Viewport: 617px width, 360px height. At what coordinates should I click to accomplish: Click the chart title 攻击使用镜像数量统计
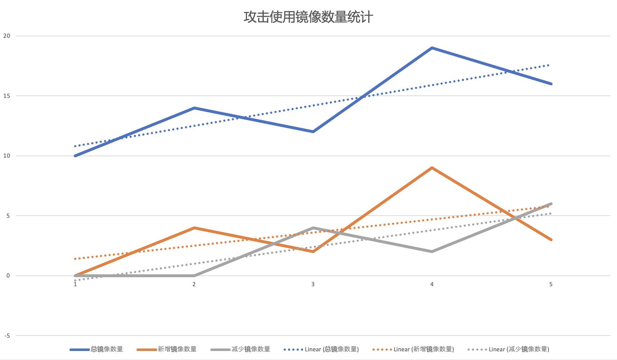(308, 17)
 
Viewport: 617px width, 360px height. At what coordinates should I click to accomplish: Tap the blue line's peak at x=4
(432, 48)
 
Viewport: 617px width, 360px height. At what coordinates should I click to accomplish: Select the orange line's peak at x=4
(432, 168)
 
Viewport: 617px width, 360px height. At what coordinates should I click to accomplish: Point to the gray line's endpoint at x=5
(551, 204)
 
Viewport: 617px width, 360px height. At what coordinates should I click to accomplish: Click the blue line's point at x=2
(194, 108)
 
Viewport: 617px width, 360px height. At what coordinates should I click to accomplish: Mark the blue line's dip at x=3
(313, 132)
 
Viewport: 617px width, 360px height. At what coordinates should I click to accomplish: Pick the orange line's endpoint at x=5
(551, 240)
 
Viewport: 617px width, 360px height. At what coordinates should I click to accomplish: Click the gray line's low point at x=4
(432, 252)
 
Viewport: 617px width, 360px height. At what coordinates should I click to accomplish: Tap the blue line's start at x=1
(75, 156)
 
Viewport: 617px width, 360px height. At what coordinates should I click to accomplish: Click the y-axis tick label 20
(7, 36)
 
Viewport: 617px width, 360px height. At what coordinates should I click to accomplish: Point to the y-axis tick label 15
(7, 96)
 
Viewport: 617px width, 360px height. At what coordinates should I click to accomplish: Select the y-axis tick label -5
(7, 336)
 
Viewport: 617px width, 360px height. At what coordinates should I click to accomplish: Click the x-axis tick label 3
(313, 284)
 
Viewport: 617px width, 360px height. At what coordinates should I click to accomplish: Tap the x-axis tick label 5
(551, 284)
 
